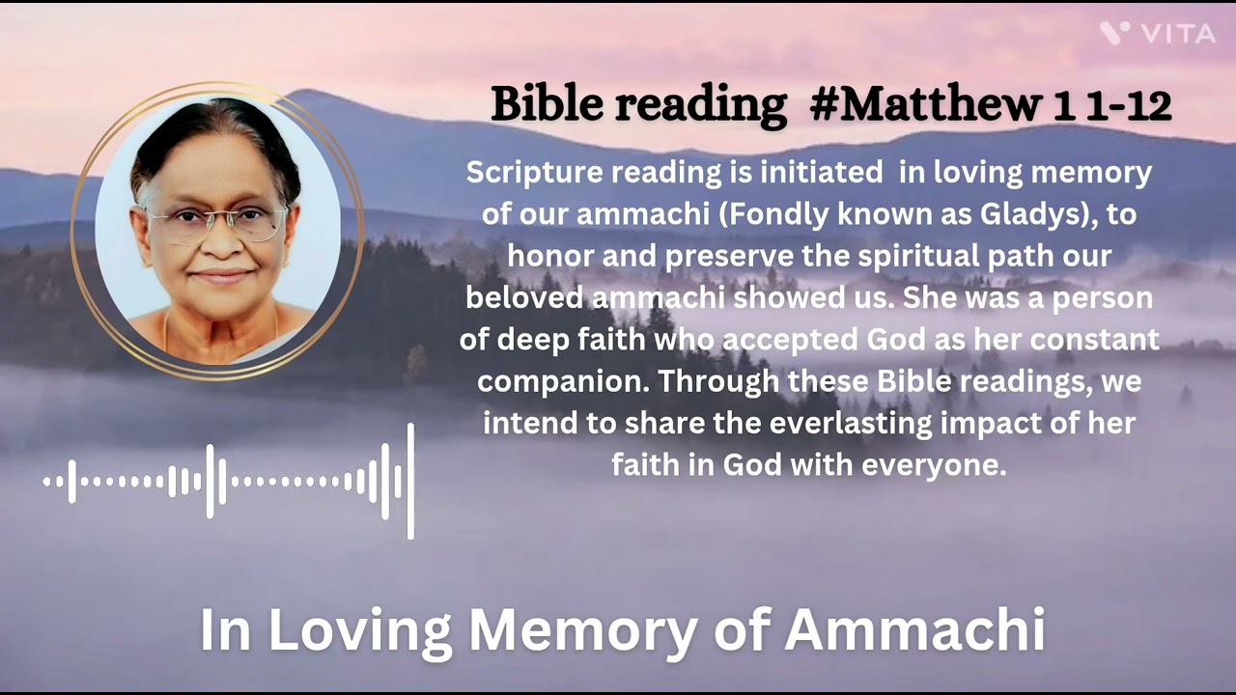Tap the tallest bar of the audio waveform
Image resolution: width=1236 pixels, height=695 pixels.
[410, 481]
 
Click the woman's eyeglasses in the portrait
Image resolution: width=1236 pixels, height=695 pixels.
[215, 224]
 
